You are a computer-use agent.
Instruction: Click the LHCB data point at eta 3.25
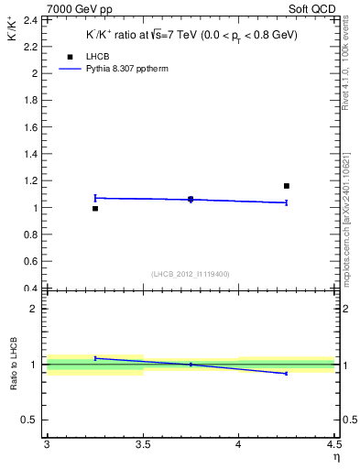coord(95,209)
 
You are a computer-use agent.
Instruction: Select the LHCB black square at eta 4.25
coord(287,186)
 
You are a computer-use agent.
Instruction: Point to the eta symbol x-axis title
coord(335,457)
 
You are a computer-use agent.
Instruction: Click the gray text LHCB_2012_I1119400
coord(191,274)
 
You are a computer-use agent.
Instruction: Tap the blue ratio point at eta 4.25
coord(287,374)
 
